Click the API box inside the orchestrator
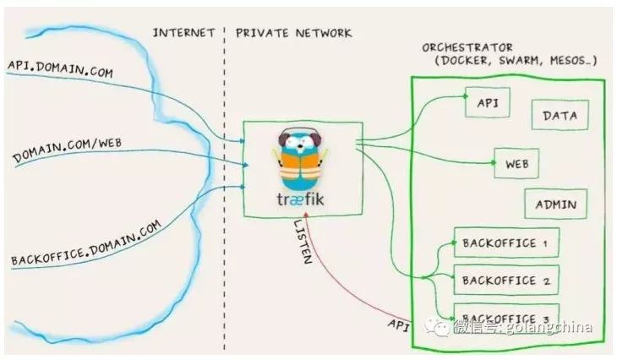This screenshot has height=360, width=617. click(488, 103)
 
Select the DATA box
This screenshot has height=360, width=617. click(559, 116)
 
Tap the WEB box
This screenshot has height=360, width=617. click(516, 163)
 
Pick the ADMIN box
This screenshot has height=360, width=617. click(555, 204)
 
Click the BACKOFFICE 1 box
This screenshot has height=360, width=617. click(505, 243)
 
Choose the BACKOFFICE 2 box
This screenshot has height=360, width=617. click(505, 280)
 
